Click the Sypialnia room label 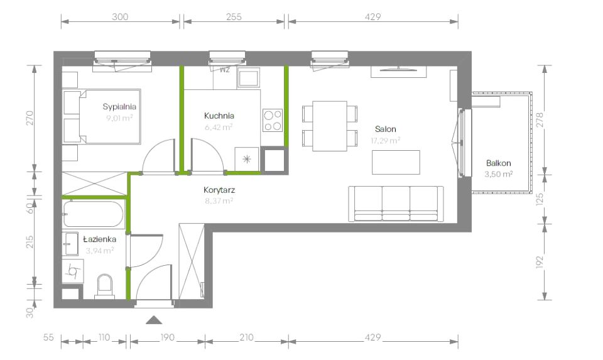(x=119, y=107)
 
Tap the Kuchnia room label (x=219, y=116)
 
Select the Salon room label (x=385, y=129)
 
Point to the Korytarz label (x=219, y=190)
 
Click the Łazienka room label (x=100, y=239)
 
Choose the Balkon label (x=498, y=163)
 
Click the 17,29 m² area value (x=385, y=140)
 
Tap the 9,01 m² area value (x=119, y=117)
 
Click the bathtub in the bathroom (x=94, y=214)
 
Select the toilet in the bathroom (x=105, y=286)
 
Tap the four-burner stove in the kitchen (x=273, y=121)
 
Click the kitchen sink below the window (x=249, y=78)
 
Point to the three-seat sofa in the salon (x=396, y=204)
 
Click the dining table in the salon (x=330, y=126)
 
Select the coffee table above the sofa (x=396, y=162)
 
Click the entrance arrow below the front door (x=154, y=320)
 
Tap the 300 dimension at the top (x=120, y=16)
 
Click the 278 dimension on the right (x=540, y=120)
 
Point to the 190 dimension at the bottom (x=167, y=337)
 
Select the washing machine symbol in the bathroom (x=73, y=271)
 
